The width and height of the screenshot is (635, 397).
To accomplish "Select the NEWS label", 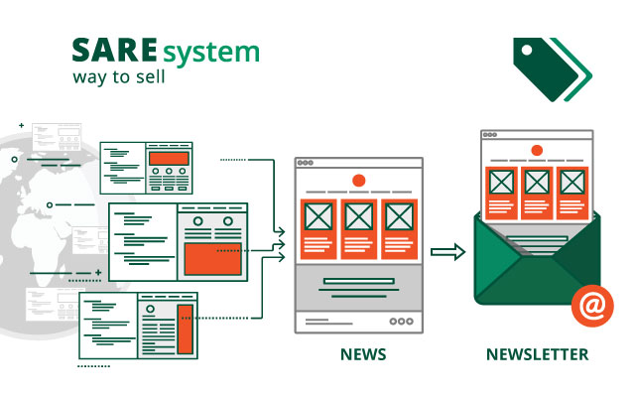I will pos(363,354).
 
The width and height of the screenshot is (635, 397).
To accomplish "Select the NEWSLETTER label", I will pos(537,354).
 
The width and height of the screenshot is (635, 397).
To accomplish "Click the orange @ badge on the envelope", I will pos(590,308).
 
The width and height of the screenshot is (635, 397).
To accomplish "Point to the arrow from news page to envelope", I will pos(449,253).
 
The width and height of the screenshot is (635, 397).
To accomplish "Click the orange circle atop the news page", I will pos(359,180).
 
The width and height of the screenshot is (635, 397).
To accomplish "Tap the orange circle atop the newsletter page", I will pos(537,150).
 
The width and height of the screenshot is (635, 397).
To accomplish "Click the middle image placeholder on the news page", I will pos(359,216).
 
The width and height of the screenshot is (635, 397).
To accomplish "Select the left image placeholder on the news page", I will pos(318,216).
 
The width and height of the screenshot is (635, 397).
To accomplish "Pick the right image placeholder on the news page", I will pos(398,216).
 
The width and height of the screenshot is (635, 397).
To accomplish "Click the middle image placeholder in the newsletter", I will pos(537,182).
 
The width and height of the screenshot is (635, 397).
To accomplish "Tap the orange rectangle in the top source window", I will pos(169,158).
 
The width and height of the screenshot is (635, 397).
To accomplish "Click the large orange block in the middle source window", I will pos(213,258).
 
